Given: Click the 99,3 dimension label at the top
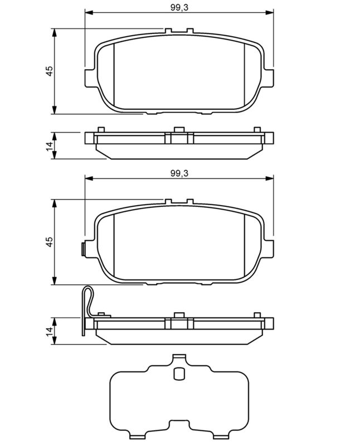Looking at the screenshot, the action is click(x=179, y=7).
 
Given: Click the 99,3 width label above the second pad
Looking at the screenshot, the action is click(x=179, y=173).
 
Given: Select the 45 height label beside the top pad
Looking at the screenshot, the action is click(x=50, y=71).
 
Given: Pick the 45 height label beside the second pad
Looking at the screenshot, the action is click(x=50, y=241).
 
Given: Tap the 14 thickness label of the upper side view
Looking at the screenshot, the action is click(x=50, y=146).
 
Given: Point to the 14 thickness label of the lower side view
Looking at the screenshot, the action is click(x=50, y=331).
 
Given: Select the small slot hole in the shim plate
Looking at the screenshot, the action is click(x=179, y=373).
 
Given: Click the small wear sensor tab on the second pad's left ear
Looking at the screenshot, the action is click(x=83, y=249).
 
